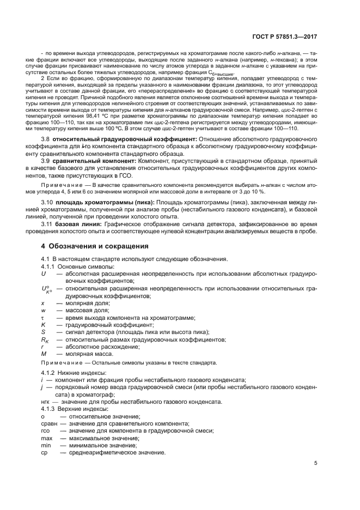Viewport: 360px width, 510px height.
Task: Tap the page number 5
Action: [x=316, y=463]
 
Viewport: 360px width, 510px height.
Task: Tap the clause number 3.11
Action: [x=48, y=224]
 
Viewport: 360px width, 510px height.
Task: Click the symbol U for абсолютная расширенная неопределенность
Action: [x=44, y=274]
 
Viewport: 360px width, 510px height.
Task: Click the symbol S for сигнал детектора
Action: [x=43, y=332]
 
